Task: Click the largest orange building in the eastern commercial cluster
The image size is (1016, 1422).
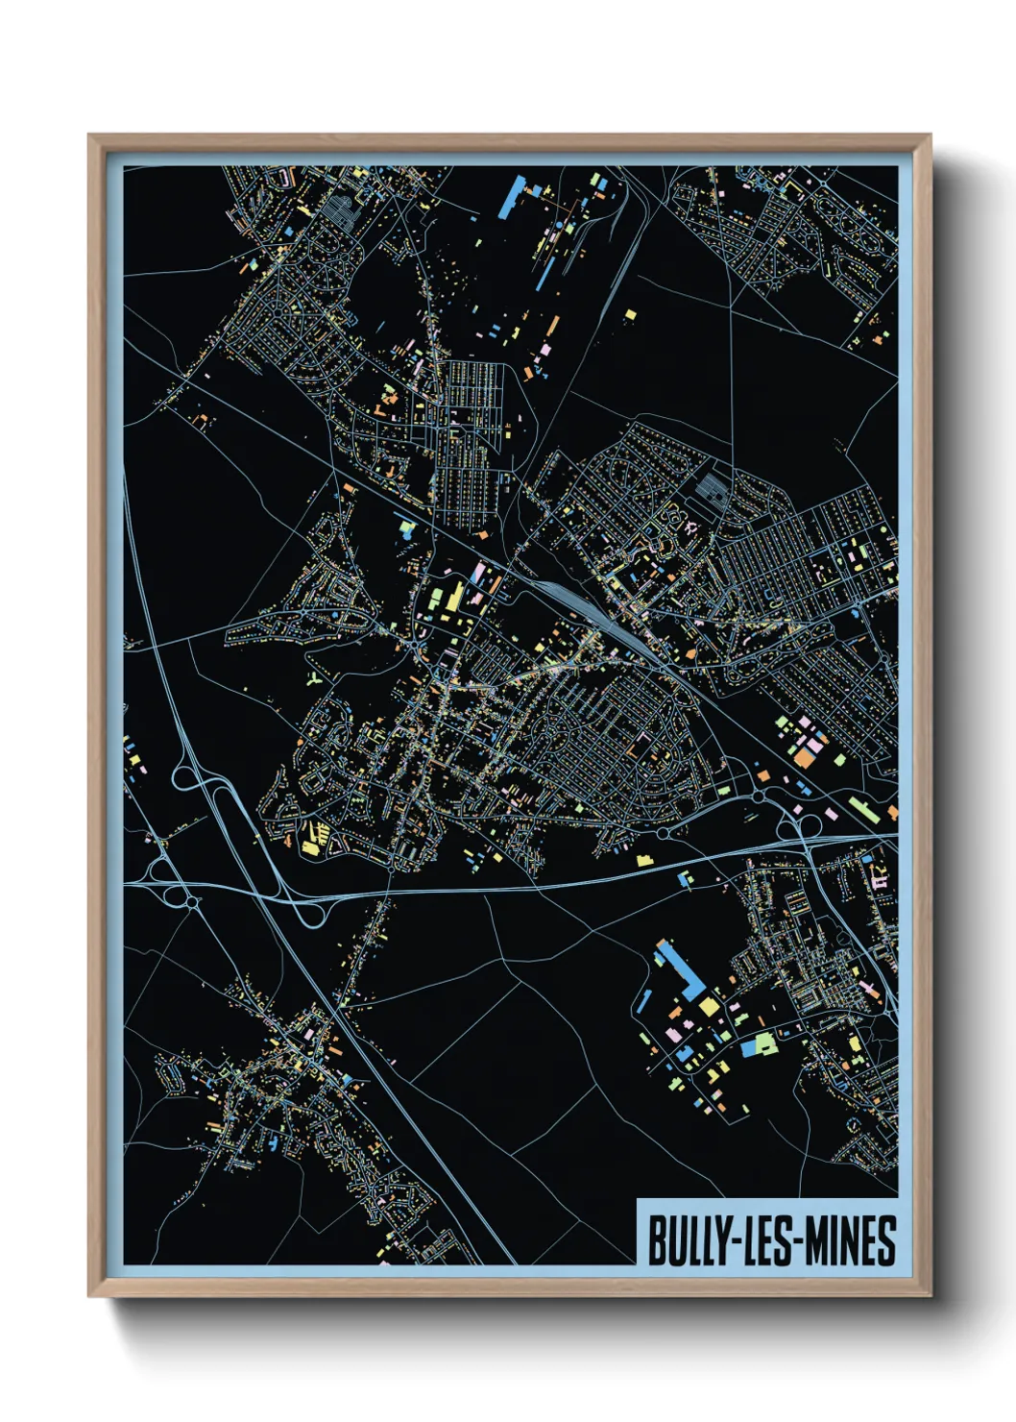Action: click(x=802, y=758)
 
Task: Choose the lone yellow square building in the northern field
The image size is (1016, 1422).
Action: click(x=630, y=313)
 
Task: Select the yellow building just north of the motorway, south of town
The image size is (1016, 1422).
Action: click(x=643, y=860)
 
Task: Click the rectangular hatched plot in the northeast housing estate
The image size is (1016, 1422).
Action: click(x=712, y=489)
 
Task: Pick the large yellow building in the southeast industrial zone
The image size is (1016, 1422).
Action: click(x=709, y=1006)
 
